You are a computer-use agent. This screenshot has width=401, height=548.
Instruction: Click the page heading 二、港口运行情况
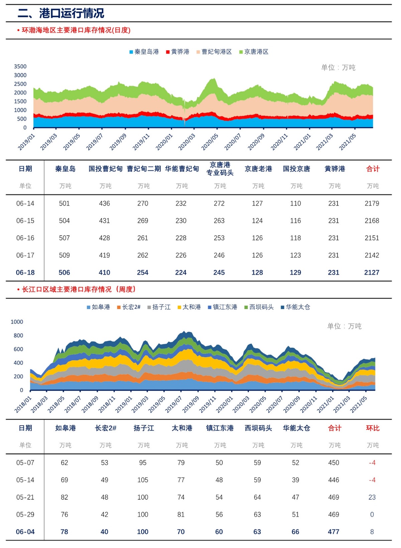(61, 13)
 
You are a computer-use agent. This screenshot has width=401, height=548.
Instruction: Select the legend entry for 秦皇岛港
(144, 52)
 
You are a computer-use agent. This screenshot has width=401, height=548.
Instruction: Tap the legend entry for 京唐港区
(254, 52)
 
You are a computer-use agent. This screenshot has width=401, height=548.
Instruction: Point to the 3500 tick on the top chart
(20, 66)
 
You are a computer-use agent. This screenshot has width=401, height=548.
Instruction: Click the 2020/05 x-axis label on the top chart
(210, 142)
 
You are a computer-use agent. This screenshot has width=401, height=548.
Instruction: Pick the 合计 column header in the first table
(373, 169)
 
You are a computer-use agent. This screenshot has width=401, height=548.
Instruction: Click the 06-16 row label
(25, 238)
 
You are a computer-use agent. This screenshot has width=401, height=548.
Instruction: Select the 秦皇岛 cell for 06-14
(64, 203)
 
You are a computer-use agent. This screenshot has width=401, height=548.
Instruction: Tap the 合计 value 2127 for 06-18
(372, 272)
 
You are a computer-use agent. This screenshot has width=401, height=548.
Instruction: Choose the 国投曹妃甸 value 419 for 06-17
(105, 255)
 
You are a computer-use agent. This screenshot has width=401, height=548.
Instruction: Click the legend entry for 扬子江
(159, 307)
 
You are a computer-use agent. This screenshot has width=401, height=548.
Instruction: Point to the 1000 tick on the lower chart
(17, 322)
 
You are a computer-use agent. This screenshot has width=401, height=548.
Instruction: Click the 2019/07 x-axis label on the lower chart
(173, 404)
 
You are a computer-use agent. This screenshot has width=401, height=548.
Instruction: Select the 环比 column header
(373, 428)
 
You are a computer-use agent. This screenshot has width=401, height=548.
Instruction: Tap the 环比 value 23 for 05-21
(372, 497)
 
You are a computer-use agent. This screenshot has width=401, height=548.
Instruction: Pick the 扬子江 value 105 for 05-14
(143, 480)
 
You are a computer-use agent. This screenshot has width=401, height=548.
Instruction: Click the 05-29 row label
(25, 515)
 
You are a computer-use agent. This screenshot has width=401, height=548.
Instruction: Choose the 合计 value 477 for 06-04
(333, 532)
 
